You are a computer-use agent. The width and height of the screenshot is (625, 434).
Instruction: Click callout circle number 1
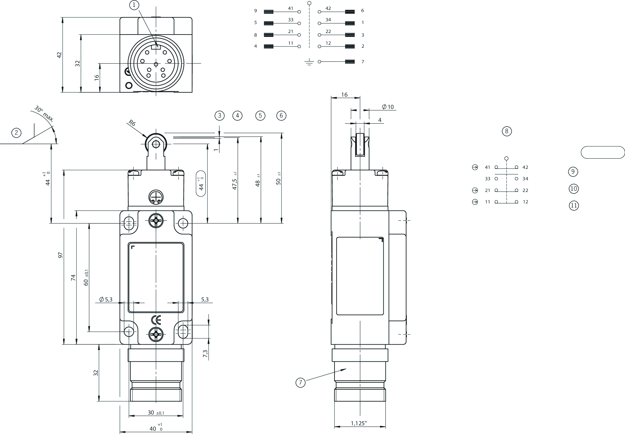134,5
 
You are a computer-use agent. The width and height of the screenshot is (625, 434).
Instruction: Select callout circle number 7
300,382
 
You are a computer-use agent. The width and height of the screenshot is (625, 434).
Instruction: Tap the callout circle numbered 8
507,131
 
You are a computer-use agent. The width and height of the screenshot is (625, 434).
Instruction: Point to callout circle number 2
16,133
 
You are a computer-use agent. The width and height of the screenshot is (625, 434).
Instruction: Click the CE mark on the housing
156,320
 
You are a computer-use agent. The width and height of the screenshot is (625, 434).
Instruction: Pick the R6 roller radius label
132,123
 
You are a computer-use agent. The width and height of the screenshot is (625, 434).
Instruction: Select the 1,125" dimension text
359,423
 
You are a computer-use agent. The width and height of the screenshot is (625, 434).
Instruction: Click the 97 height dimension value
61,255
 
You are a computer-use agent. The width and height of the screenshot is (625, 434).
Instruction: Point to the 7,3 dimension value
205,353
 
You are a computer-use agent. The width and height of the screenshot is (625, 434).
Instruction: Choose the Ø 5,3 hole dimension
106,299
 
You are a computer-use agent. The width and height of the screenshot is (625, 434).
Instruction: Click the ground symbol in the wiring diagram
309,62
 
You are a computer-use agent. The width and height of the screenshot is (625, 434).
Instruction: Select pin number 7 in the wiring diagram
363,62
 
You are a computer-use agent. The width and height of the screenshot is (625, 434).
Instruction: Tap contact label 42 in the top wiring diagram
328,8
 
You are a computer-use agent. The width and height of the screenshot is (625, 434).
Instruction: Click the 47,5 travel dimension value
235,184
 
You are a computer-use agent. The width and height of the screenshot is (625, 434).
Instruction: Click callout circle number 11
574,205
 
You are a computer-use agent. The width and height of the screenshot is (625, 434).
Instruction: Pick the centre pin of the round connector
156,64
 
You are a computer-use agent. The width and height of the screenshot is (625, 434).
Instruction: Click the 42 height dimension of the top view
59,55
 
